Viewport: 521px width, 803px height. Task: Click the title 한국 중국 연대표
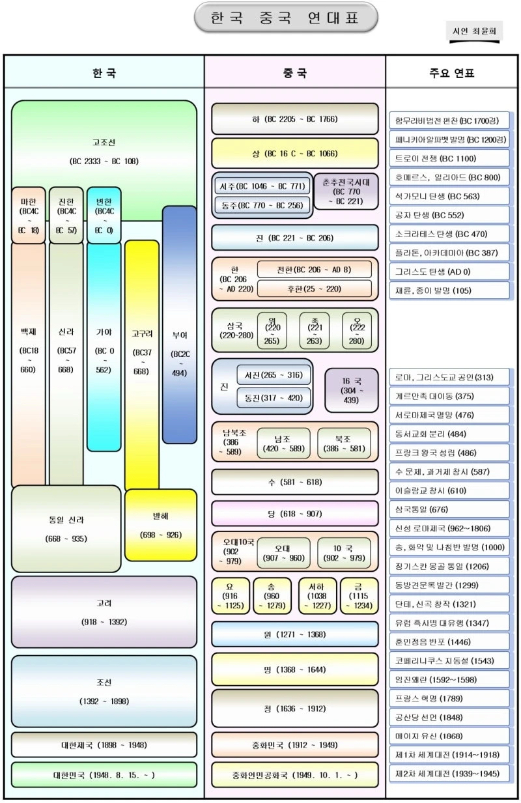[x=286, y=18]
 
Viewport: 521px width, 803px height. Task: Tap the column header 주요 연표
[x=451, y=72]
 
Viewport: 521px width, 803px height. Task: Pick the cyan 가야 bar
[x=104, y=352]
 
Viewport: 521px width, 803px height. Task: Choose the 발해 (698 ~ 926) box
[x=160, y=525]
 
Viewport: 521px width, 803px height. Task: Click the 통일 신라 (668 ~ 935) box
[x=66, y=529]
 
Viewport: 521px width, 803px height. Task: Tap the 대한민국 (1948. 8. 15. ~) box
[x=104, y=775]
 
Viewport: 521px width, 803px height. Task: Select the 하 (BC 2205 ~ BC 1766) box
[x=294, y=119]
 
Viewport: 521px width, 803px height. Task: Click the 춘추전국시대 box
[x=346, y=191]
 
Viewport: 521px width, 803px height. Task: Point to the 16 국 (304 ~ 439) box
[x=352, y=390]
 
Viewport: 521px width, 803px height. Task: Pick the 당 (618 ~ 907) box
[x=294, y=514]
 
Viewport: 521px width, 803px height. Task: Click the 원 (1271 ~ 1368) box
[x=294, y=634]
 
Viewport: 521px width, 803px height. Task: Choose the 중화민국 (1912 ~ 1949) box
[x=294, y=745]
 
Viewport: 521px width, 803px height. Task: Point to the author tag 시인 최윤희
[x=473, y=31]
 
